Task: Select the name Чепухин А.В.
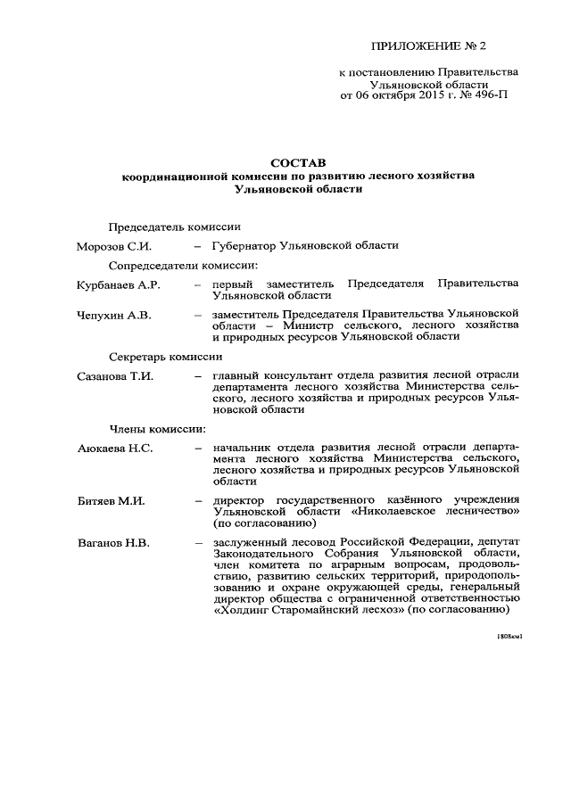click(114, 316)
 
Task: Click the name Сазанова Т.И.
click(117, 376)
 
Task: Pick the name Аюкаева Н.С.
click(116, 447)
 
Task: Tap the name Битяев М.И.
click(112, 501)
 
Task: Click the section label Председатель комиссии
click(174, 226)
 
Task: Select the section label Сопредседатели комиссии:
click(183, 265)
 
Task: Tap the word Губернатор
click(244, 245)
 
